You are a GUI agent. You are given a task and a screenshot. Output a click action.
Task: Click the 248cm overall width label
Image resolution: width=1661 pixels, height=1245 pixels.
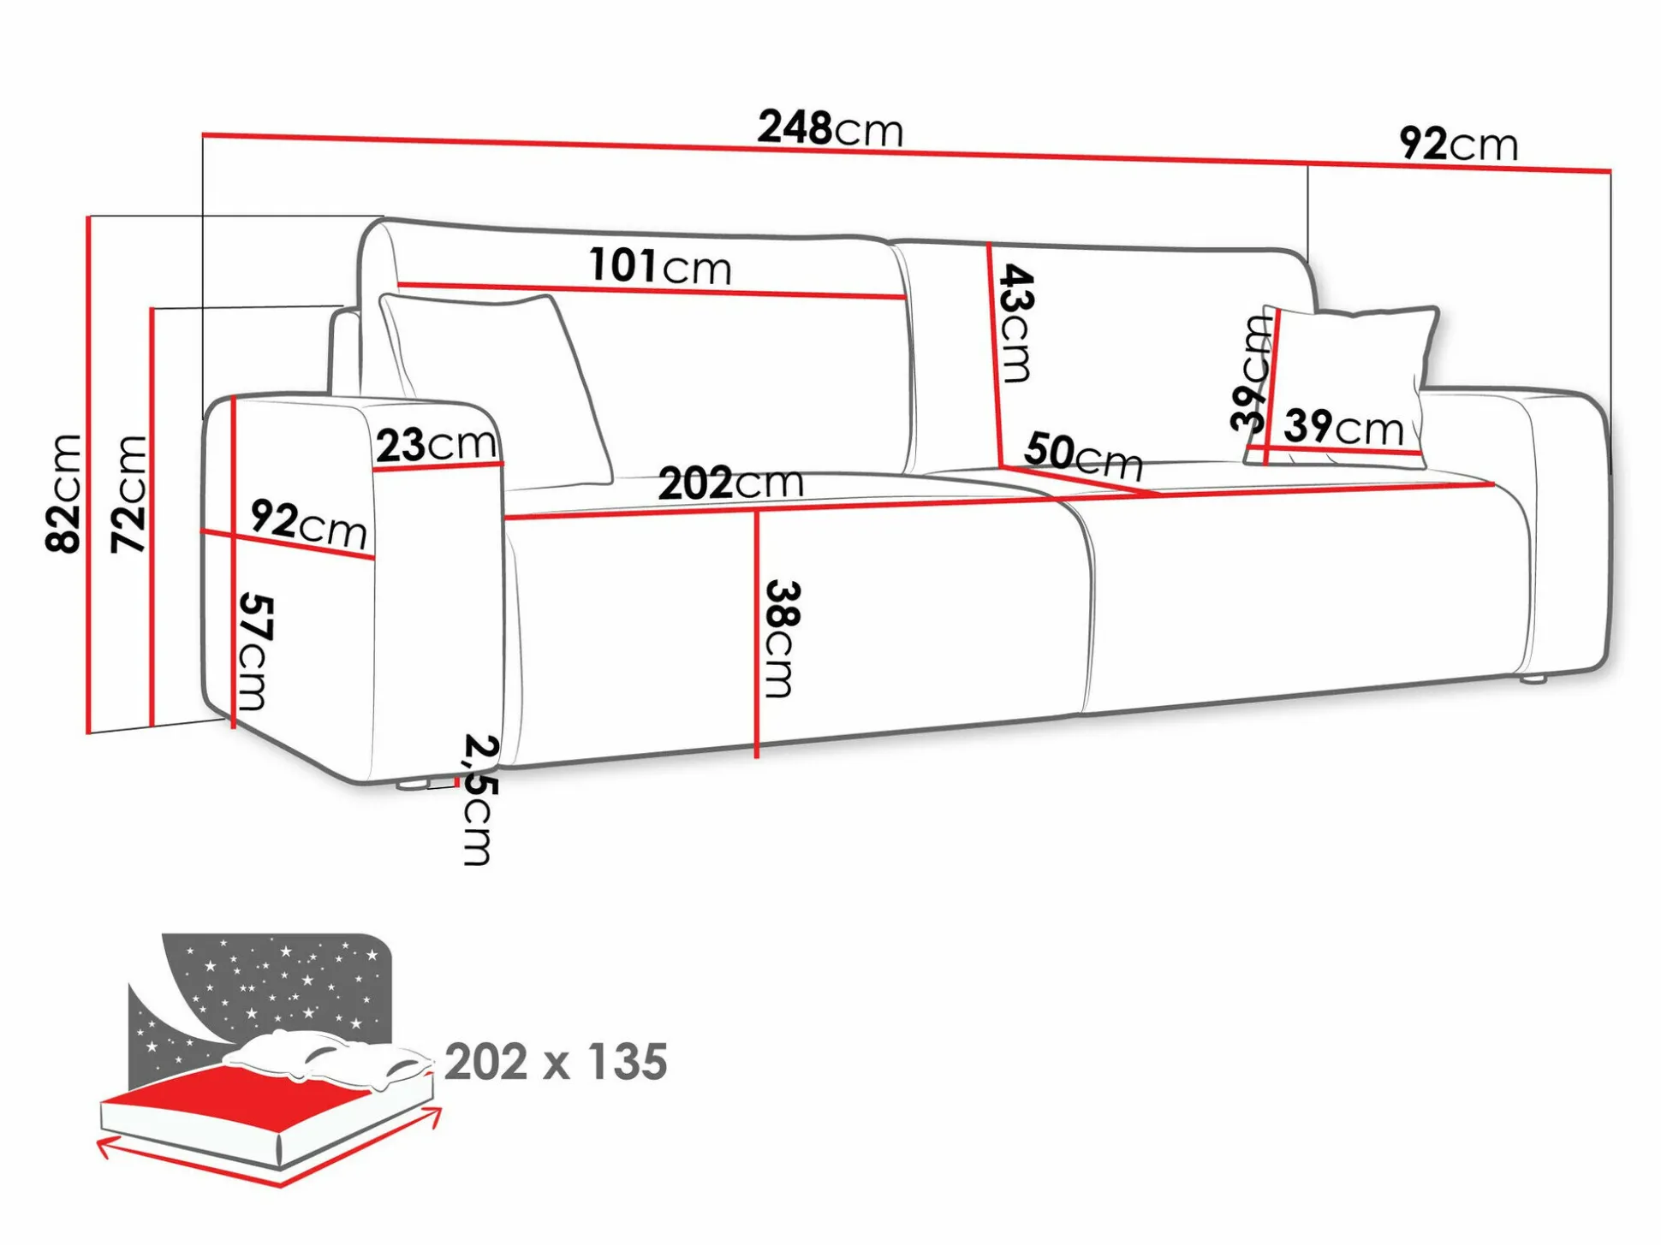(830, 128)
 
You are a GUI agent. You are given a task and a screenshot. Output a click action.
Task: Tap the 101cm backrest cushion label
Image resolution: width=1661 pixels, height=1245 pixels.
(660, 266)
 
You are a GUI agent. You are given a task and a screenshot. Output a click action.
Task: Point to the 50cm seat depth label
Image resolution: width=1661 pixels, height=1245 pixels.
(1083, 456)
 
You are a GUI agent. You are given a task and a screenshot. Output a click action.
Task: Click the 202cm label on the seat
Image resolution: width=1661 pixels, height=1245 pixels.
(731, 483)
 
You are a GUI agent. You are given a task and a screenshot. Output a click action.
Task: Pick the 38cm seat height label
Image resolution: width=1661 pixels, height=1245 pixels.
(782, 639)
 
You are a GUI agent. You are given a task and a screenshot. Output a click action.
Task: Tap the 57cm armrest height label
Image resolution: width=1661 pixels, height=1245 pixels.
(253, 651)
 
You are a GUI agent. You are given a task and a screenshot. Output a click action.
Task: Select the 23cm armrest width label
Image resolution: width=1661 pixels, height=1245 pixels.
(437, 444)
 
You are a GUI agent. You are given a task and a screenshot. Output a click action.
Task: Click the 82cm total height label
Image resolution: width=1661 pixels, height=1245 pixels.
(65, 493)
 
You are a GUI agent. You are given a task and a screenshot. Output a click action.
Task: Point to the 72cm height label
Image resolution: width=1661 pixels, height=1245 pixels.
(130, 494)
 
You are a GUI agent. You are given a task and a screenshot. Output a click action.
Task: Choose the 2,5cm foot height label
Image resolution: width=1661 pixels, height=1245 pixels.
(479, 799)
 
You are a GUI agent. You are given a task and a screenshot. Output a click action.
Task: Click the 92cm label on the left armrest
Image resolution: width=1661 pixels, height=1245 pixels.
(309, 524)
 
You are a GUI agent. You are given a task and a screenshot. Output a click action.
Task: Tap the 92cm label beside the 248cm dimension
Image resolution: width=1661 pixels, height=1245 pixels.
(1459, 143)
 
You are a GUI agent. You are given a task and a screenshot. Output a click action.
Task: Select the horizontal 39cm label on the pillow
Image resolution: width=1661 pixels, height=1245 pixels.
(1344, 426)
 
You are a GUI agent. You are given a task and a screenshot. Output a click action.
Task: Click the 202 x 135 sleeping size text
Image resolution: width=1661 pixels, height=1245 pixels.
(556, 1062)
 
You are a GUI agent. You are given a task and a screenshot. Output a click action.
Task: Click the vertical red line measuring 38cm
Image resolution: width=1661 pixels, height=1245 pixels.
(757, 634)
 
